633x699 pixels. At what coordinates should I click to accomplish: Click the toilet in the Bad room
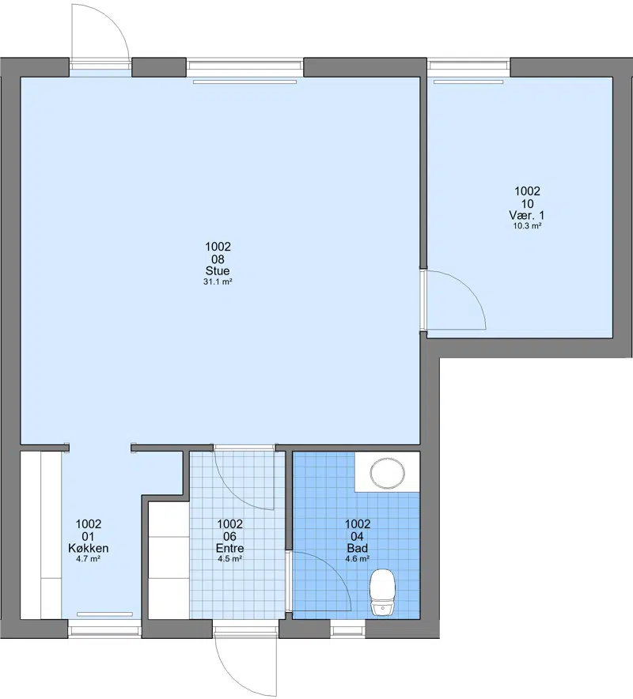coord(383,592)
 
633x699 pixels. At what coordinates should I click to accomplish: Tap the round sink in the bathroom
coord(388,472)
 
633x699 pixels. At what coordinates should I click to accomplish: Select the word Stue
coord(218,270)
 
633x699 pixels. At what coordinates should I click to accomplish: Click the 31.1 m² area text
coord(218,281)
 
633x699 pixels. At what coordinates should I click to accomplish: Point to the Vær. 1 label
coord(527,215)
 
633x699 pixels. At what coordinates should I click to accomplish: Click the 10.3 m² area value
coord(527,226)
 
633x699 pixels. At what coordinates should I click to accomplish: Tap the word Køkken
coord(89,548)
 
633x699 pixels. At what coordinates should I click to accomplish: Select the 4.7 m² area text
coord(89,559)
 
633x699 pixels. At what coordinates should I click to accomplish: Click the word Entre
coord(229,548)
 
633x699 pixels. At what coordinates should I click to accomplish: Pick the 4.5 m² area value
coord(230,559)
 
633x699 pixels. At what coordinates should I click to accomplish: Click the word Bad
coord(358,548)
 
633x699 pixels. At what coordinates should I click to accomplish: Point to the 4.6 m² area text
coord(358,559)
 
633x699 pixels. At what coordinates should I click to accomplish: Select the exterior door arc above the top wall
coord(117,22)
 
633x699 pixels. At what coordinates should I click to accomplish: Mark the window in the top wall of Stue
coord(245,66)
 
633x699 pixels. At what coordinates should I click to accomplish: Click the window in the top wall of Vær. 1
coord(469,66)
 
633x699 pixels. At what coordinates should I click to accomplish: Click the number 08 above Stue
coord(218,259)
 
